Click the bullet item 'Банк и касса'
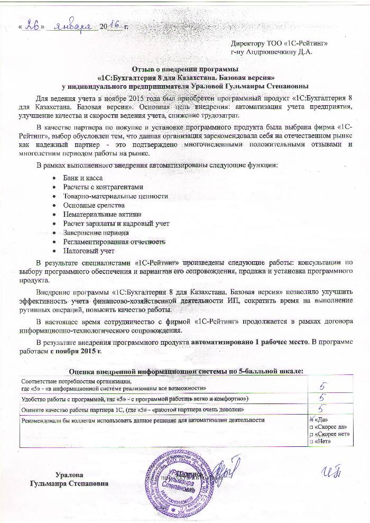click(x=82, y=179)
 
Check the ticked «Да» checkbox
click(x=310, y=420)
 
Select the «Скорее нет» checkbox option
click(x=310, y=434)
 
